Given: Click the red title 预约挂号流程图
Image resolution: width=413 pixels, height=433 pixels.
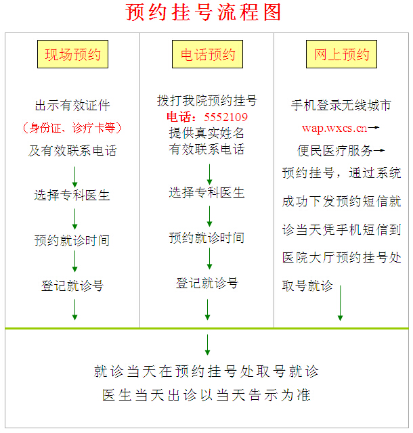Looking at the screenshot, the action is click(203, 12).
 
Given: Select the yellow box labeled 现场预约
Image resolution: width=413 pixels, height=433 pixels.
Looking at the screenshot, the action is click(72, 54).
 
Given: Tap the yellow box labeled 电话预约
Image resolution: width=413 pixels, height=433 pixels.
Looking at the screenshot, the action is click(207, 54).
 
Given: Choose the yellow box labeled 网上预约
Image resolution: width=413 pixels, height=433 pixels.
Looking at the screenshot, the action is click(341, 54).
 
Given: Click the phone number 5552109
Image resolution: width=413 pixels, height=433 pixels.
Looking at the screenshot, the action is click(226, 117).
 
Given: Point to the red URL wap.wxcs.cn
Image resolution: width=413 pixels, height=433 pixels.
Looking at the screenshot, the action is click(334, 128).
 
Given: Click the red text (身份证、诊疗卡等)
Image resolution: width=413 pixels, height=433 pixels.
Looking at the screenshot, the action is click(72, 128).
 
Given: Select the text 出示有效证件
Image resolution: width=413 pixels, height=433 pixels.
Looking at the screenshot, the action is click(72, 106).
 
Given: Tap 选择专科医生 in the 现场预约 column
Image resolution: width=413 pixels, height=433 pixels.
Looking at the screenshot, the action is click(72, 196).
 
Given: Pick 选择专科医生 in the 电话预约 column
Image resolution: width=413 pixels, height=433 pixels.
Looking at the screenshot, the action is click(206, 192).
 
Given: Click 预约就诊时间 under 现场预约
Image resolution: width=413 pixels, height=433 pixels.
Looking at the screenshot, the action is click(72, 240).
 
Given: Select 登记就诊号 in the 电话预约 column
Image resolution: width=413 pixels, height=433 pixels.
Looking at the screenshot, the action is click(207, 283).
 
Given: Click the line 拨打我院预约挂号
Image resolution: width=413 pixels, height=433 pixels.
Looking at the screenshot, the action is click(207, 101).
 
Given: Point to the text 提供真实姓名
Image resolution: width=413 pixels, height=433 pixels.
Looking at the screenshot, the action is click(206, 133).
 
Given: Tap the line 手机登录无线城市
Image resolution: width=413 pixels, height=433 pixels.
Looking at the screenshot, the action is click(341, 106).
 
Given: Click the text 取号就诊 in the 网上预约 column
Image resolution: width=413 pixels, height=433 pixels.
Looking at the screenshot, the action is click(307, 286).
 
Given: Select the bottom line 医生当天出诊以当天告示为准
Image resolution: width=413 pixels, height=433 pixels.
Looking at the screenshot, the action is click(206, 395).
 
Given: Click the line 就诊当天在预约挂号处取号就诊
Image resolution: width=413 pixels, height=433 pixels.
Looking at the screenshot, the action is click(206, 371).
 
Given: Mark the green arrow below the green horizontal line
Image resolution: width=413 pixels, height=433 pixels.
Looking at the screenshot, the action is click(207, 345).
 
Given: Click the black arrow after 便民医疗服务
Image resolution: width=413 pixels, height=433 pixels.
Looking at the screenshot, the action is click(379, 150).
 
